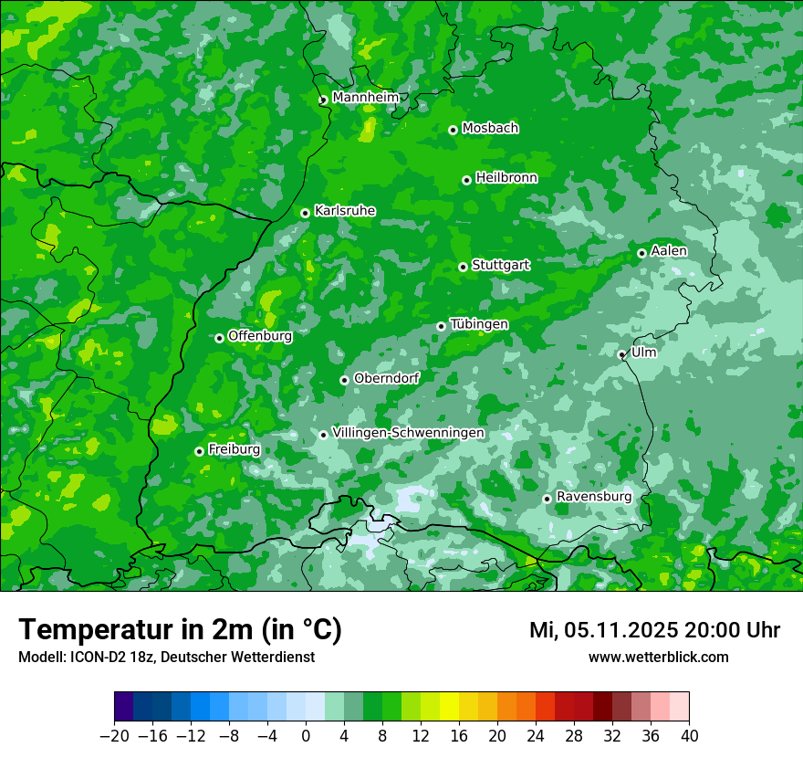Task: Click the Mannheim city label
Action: pyautogui.click(x=365, y=98)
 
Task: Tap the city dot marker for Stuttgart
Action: pyautogui.click(x=463, y=267)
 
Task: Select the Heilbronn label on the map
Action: pyautogui.click(x=506, y=178)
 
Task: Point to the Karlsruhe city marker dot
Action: pyautogui.click(x=305, y=213)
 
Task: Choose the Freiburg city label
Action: pyautogui.click(x=234, y=449)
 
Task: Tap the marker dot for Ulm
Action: pyautogui.click(x=621, y=354)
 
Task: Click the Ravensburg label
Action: pyautogui.click(x=594, y=497)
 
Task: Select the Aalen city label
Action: pyautogui.click(x=669, y=251)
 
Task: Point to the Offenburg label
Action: pyautogui.click(x=260, y=336)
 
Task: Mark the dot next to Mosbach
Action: pyautogui.click(x=453, y=130)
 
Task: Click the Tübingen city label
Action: pyautogui.click(x=479, y=324)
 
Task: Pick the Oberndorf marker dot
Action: pyautogui.click(x=344, y=380)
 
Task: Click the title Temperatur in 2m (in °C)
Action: pyautogui.click(x=180, y=629)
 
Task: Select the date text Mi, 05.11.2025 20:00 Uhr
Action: pyautogui.click(x=654, y=630)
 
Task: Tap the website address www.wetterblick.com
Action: pyautogui.click(x=658, y=657)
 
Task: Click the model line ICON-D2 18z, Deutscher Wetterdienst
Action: pyautogui.click(x=166, y=657)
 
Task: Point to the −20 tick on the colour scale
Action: pyautogui.click(x=114, y=736)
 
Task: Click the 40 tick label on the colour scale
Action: pyautogui.click(x=689, y=736)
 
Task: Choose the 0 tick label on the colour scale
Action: pyautogui.click(x=306, y=736)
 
